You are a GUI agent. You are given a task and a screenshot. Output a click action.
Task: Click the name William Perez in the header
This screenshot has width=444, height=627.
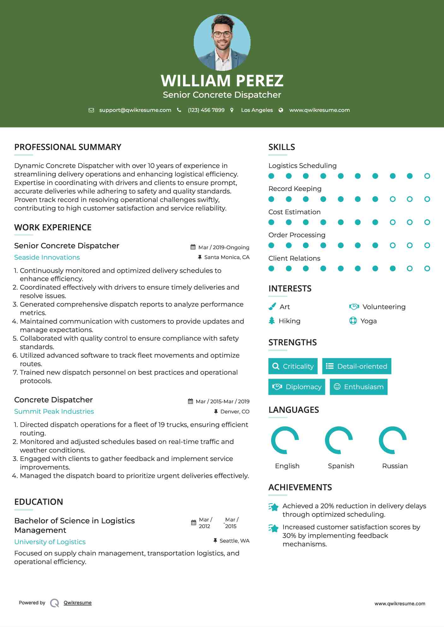click(x=222, y=81)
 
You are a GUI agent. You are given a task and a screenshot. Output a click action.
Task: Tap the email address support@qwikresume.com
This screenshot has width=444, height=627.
click(x=135, y=110)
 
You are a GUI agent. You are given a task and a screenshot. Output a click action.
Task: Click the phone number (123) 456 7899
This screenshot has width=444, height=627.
click(x=206, y=110)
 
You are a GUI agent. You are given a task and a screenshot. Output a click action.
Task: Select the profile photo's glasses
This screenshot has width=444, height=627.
click(x=222, y=34)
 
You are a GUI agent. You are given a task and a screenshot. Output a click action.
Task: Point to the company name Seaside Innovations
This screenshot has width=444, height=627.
click(x=47, y=257)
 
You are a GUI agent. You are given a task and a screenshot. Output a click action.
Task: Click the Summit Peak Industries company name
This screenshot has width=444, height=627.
click(x=54, y=411)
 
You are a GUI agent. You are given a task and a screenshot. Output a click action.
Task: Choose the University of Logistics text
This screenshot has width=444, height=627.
click(x=50, y=542)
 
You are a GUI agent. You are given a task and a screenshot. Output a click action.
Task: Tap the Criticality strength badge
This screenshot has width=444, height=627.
click(x=293, y=366)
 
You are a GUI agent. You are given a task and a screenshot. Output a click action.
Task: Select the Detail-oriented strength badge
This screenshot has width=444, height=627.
click(x=357, y=366)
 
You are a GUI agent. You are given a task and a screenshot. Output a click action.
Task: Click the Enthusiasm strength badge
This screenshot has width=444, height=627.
click(x=358, y=387)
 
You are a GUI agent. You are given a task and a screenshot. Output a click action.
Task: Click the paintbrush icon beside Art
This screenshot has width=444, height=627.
click(x=272, y=307)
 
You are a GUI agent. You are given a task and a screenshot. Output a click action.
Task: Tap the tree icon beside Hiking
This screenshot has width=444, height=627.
click(x=272, y=321)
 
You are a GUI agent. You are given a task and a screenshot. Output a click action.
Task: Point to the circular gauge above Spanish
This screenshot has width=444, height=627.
click(x=339, y=440)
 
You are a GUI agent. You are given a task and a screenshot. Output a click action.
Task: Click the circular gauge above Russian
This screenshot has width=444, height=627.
click(x=393, y=440)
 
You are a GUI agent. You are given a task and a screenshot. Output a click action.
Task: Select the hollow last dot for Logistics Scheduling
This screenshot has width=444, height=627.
click(x=427, y=176)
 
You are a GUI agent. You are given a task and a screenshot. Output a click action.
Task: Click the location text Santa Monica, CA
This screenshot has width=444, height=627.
click(x=227, y=257)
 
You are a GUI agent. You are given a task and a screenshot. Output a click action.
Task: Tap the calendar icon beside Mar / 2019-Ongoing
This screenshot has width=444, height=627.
click(x=193, y=247)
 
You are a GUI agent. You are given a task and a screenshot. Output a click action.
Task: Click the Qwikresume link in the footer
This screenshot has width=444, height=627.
click(x=78, y=603)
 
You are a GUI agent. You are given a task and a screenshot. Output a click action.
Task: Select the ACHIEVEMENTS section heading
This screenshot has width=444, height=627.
click(x=300, y=487)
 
